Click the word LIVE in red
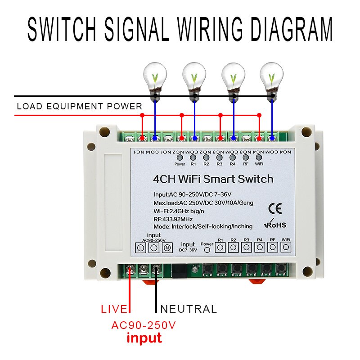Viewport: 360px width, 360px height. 114,309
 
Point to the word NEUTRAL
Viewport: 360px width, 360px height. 189,309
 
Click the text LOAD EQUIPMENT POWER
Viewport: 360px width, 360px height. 79,107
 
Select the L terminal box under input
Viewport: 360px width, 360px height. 140,247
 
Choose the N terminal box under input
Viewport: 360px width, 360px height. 166,247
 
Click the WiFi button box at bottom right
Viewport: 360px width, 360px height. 286,247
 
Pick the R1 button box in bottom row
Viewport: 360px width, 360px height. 220,247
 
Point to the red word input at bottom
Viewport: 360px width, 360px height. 144,337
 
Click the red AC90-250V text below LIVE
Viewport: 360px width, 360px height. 144,325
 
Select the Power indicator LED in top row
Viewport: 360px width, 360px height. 180,157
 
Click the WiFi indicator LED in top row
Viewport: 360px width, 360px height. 259,157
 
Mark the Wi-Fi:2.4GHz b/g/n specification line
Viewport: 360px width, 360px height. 191,211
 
